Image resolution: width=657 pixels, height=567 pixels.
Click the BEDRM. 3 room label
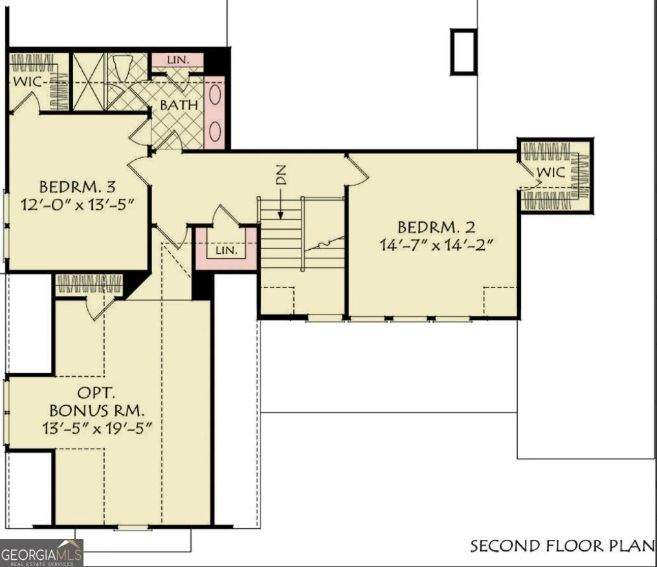(77, 188)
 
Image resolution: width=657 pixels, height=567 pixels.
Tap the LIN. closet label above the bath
(177, 60)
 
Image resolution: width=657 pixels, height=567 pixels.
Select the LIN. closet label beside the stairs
(227, 250)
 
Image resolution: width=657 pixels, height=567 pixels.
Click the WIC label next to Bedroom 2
(551, 173)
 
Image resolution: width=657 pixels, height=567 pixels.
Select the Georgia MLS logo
(41, 553)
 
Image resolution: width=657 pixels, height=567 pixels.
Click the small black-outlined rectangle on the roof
(463, 52)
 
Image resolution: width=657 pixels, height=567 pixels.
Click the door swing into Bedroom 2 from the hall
(359, 170)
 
